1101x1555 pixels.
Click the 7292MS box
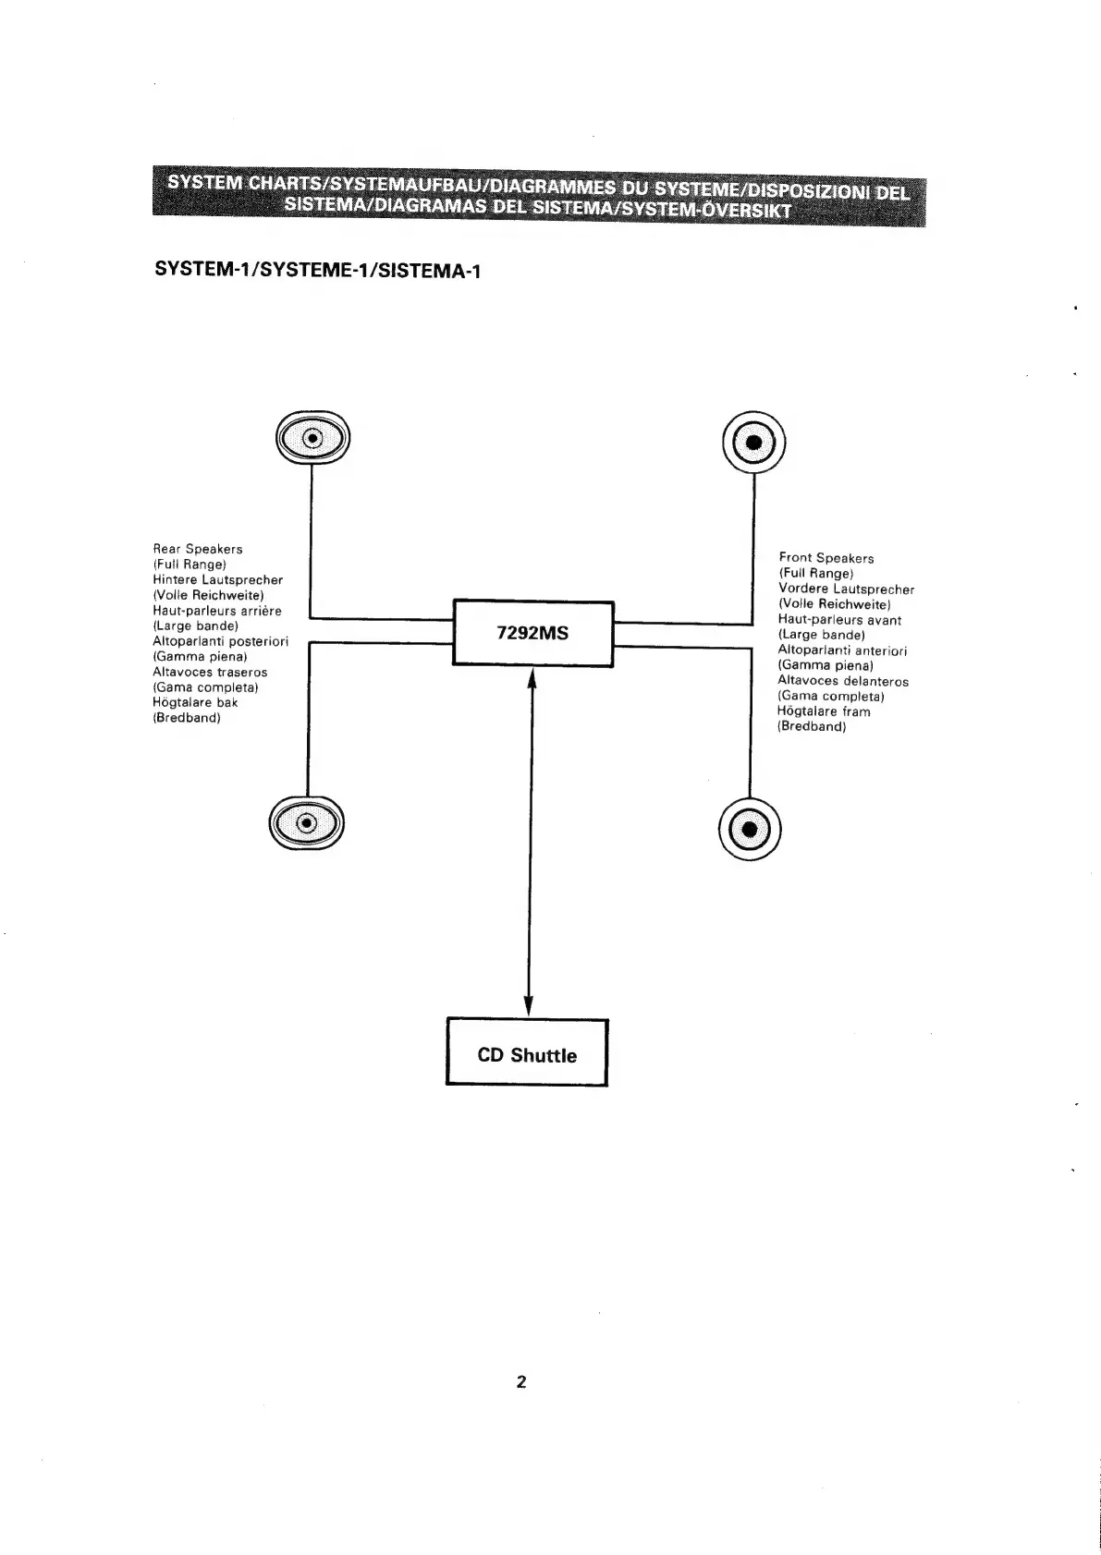[x=532, y=633]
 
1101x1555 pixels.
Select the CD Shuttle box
[x=527, y=1053]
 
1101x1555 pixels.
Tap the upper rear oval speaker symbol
[x=312, y=438]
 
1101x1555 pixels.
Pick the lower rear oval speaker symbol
[x=307, y=820]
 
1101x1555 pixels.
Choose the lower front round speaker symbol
[x=749, y=827]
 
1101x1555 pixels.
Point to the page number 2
[x=521, y=1382]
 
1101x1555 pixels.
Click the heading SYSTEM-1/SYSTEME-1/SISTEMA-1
[x=318, y=271]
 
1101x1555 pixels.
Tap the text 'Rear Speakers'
[x=198, y=549]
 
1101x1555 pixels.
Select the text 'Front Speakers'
[x=826, y=558]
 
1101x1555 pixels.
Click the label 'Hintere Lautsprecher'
[x=217, y=579]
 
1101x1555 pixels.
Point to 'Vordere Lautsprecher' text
[x=846, y=589]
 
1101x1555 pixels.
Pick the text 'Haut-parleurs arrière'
[x=217, y=611]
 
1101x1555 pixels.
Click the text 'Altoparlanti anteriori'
[x=842, y=650]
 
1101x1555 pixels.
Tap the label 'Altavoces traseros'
[x=210, y=672]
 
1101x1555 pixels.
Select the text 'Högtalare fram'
[x=824, y=711]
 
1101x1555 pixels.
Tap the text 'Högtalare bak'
[x=195, y=702]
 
